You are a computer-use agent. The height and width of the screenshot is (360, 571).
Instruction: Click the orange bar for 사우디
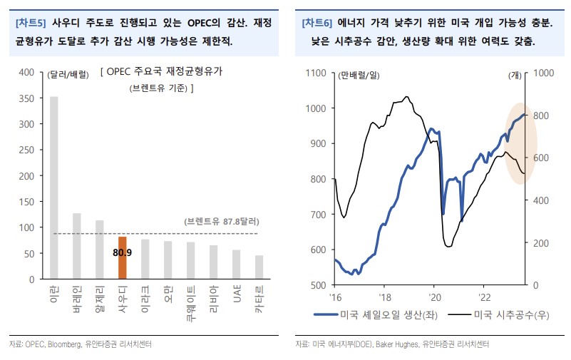pos(123,257)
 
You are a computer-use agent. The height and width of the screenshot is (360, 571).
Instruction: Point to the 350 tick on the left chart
pos(26,98)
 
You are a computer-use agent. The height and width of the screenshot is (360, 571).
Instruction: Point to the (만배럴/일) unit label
pos(361,74)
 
